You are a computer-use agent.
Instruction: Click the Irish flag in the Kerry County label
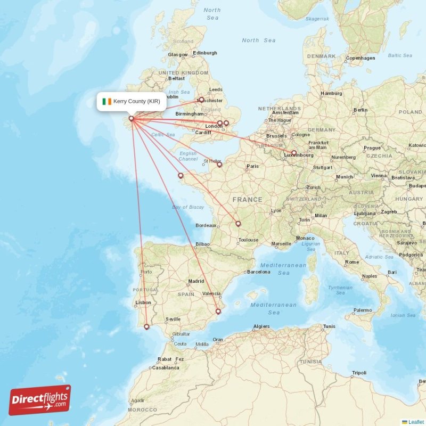click(107, 101)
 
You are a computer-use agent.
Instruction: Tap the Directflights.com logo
click(40, 400)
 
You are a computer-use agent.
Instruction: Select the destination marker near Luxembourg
click(293, 153)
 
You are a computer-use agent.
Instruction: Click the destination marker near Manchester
click(201, 99)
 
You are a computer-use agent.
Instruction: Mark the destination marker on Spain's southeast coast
click(218, 312)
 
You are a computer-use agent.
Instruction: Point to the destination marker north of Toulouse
click(238, 224)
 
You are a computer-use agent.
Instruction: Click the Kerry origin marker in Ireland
click(131, 119)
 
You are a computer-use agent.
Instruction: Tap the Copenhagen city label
click(361, 58)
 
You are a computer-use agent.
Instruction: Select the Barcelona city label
click(258, 272)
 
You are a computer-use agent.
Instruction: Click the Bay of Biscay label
click(188, 207)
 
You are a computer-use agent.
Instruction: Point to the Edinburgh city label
click(205, 53)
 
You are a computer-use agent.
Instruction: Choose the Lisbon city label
click(143, 302)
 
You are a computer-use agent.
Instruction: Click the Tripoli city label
click(359, 373)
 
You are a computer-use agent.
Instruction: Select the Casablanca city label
click(165, 367)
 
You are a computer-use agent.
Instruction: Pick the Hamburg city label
click(331, 94)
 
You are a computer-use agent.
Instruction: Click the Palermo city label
click(363, 310)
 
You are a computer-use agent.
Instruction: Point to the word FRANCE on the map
click(247, 200)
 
